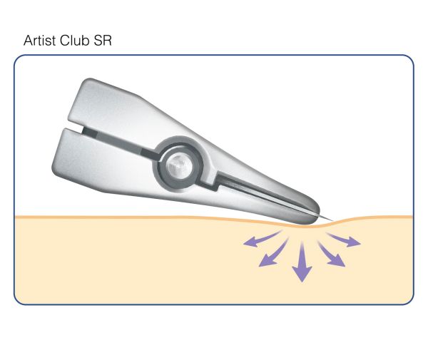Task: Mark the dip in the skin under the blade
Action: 314,223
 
